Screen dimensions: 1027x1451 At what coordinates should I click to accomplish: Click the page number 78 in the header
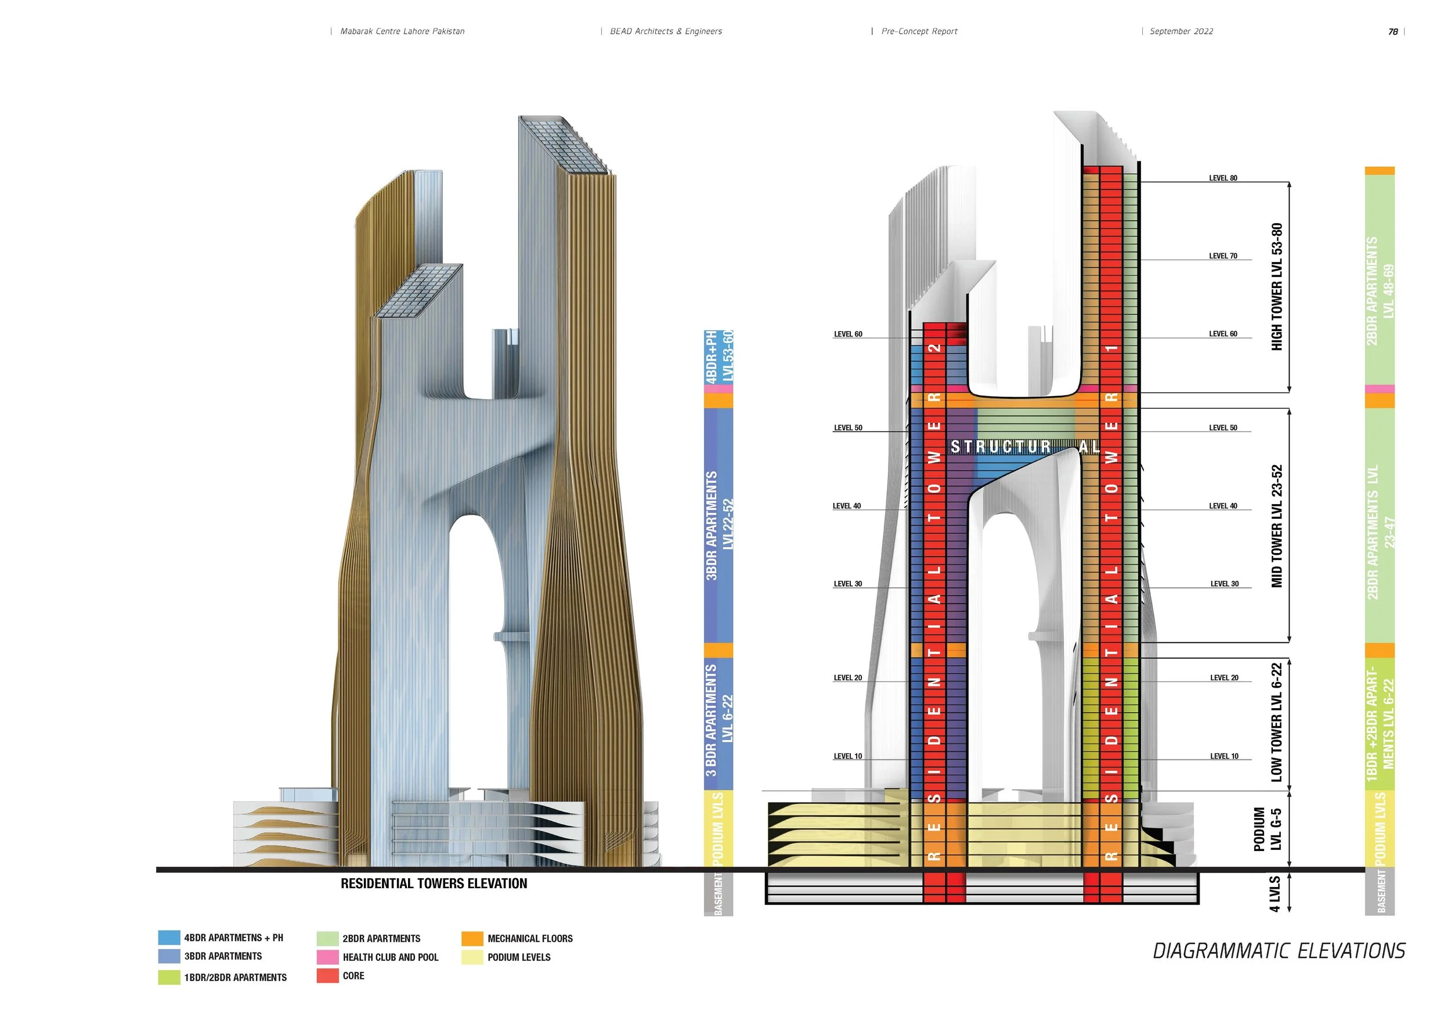tap(1393, 31)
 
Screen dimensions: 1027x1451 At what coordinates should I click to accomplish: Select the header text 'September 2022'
tap(1181, 31)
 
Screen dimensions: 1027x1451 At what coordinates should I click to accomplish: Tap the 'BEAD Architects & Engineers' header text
tap(666, 31)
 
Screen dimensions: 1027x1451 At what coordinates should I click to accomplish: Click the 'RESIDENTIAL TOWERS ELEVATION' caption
tap(434, 884)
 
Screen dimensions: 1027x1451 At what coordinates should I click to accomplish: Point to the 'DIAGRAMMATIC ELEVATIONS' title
tap(1279, 951)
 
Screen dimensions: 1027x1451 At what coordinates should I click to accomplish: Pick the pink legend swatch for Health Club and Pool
tap(327, 957)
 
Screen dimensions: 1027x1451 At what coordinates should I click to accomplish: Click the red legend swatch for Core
tap(327, 976)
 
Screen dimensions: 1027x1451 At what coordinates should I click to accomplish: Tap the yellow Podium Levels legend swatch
tap(472, 957)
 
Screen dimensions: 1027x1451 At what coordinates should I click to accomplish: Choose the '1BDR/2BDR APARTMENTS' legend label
tap(235, 978)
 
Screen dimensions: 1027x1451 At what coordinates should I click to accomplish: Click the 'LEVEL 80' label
tap(1223, 178)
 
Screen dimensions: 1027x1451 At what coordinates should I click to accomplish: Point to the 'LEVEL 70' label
tap(1223, 256)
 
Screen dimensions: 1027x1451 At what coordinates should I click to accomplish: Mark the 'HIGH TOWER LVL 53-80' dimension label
tap(1276, 287)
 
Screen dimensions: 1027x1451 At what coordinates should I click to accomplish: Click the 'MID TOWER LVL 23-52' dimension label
tap(1276, 526)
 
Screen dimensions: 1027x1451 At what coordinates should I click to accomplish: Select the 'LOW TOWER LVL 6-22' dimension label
tap(1276, 722)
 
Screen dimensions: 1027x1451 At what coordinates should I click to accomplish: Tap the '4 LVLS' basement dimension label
tap(1274, 893)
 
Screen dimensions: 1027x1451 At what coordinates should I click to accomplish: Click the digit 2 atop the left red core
tap(934, 348)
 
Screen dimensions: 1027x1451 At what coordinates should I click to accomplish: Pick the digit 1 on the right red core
tap(1112, 348)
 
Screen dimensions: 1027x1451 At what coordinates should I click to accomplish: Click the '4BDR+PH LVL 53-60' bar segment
tap(719, 357)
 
